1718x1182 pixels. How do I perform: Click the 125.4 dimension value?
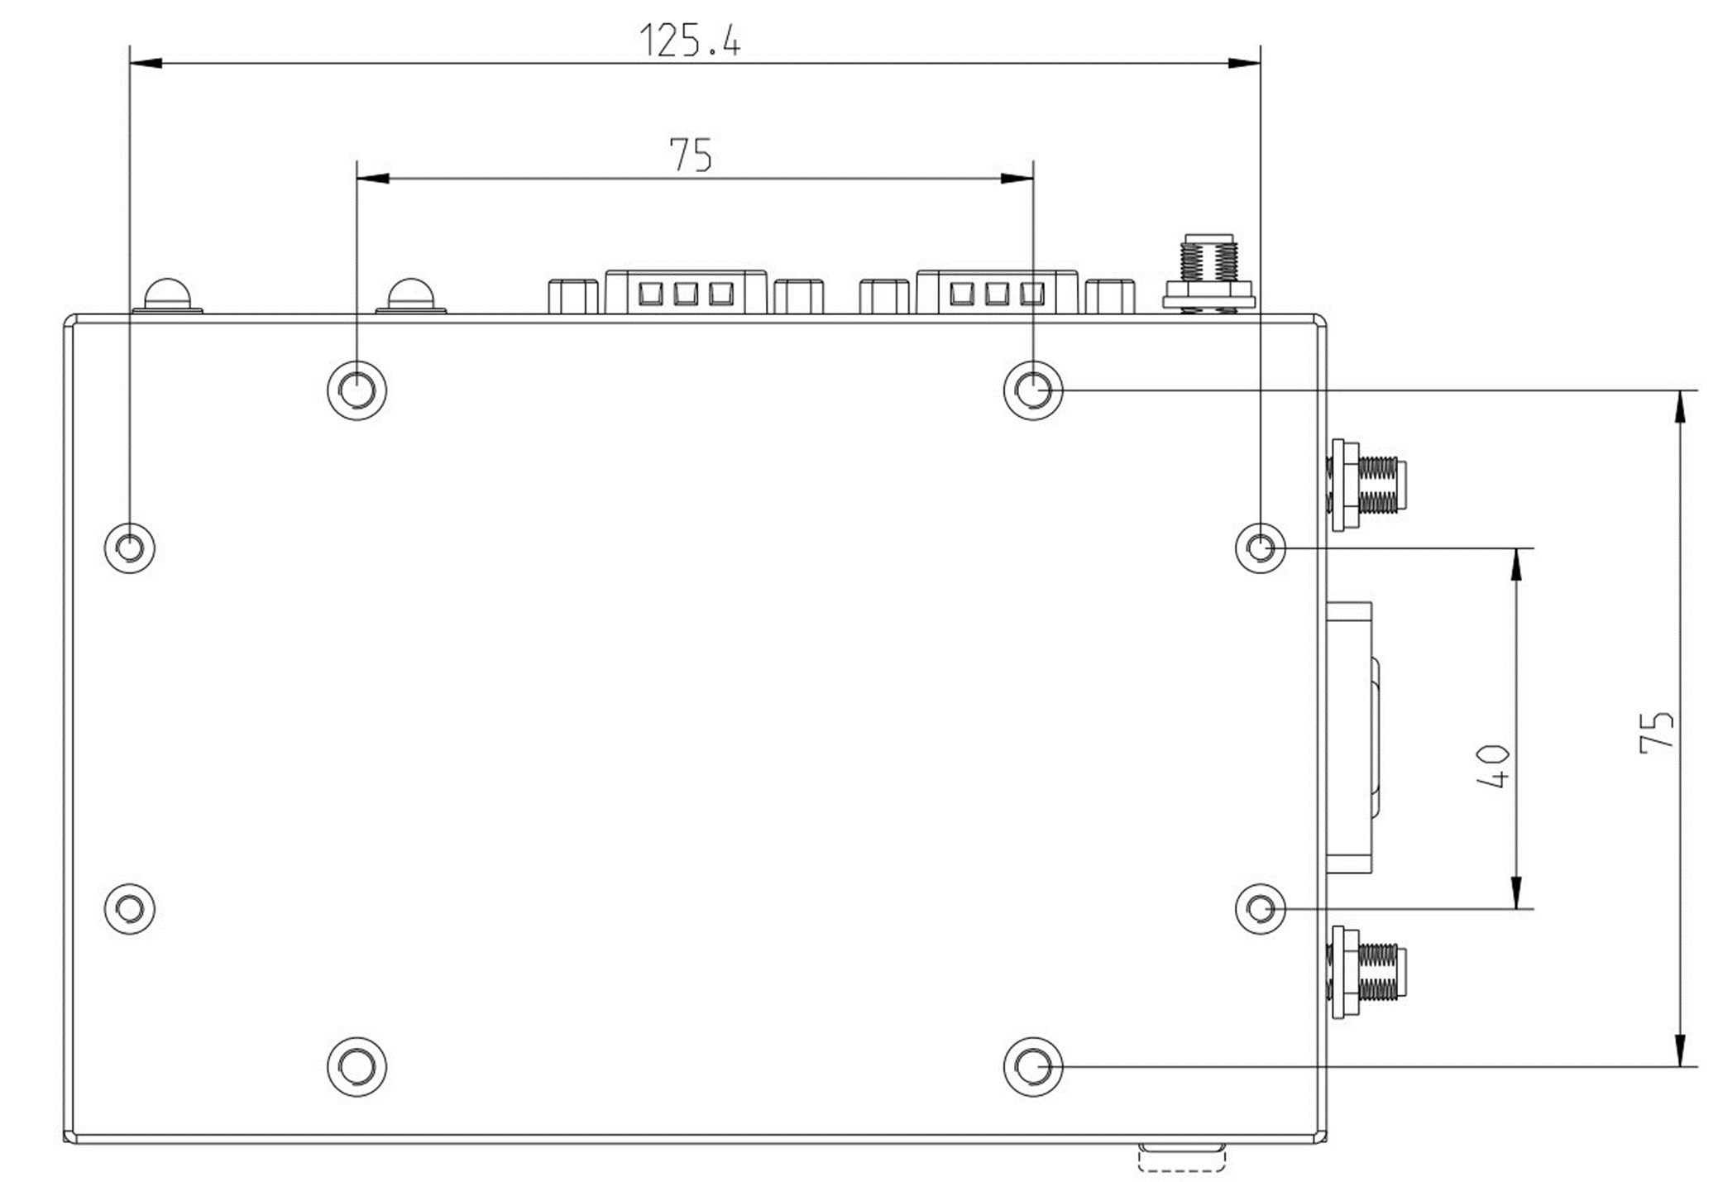[x=690, y=40]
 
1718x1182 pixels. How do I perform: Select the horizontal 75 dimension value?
[x=690, y=155]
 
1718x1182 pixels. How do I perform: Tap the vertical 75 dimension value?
[x=1656, y=730]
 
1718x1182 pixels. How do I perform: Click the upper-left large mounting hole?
[x=357, y=390]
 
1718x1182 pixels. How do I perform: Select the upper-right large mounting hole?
[x=1032, y=390]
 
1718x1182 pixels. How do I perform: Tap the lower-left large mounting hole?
[x=357, y=1066]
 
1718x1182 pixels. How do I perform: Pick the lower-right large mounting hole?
[x=1032, y=1066]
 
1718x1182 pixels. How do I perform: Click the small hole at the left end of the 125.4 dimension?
[x=130, y=548]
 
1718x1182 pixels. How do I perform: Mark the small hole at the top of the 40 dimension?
[x=1260, y=548]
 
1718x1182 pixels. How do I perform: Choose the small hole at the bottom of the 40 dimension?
[x=1260, y=909]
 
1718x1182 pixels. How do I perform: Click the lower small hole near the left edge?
[x=130, y=909]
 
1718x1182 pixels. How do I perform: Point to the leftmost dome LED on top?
[x=168, y=295]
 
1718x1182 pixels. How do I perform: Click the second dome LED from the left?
[x=411, y=295]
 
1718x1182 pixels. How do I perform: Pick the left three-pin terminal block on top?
[x=686, y=292]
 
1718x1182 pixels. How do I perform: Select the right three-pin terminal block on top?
[x=996, y=292]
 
